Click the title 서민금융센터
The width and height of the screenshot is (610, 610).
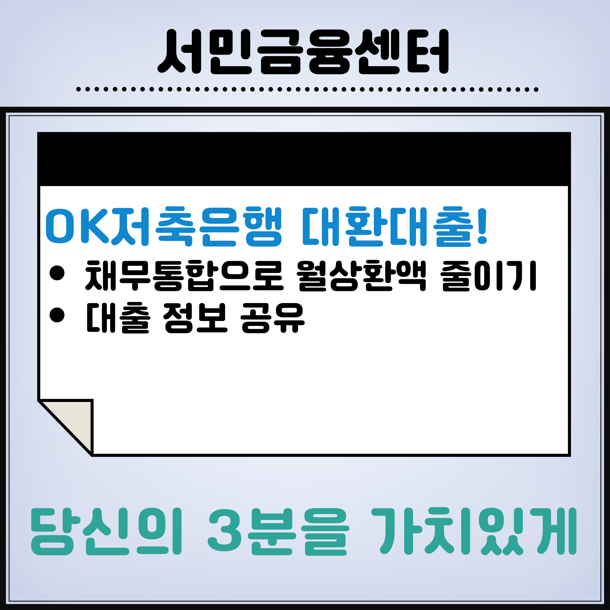click(x=303, y=52)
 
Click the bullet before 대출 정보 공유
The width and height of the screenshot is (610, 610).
click(x=57, y=315)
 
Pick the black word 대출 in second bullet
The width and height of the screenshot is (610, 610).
click(x=117, y=318)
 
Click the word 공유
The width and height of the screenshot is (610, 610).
click(x=273, y=318)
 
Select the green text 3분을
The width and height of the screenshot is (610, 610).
click(x=278, y=531)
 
